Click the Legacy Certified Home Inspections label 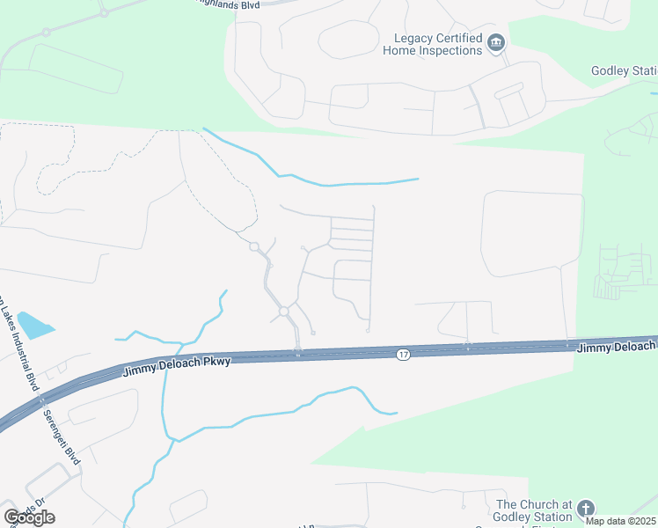[x=438, y=44]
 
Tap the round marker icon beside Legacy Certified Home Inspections [x=496, y=43]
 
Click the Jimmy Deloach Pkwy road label [x=176, y=366]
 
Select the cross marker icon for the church [x=585, y=509]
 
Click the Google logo [x=29, y=517]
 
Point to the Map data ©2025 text [x=620, y=521]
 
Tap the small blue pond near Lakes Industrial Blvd [x=33, y=326]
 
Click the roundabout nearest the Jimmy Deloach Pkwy [x=284, y=312]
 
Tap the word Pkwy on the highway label [x=216, y=362]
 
